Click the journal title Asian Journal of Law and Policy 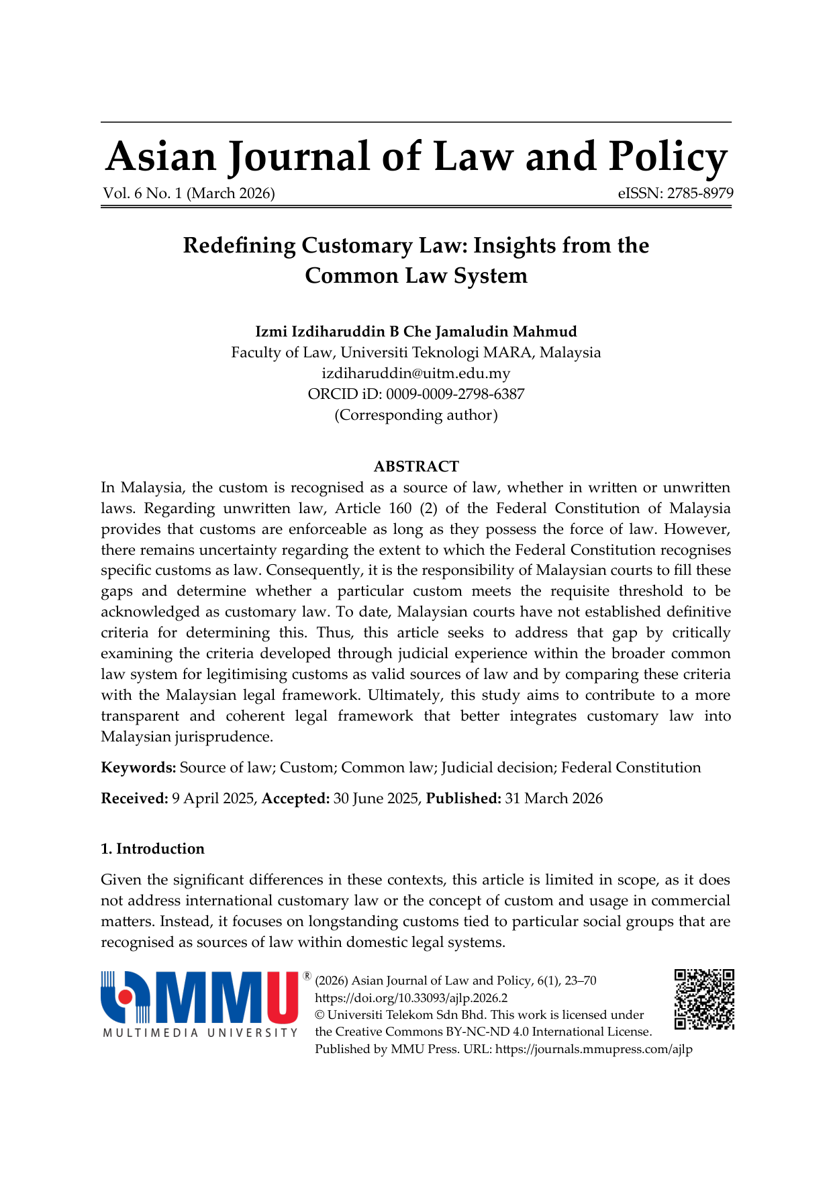pos(416,156)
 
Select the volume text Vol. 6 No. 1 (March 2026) pos(189,193)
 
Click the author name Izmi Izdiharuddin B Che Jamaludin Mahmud pos(416,331)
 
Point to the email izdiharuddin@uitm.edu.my pos(416,373)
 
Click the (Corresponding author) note pos(416,415)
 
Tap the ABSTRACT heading pos(416,466)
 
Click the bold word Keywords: pos(138,768)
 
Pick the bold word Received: pos(134,799)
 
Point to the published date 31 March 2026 pos(554,799)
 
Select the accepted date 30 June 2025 pos(376,799)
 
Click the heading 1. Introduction pos(152,849)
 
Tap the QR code pos(704,999)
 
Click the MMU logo pos(200,997)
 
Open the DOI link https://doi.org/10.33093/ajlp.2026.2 pos(411,998)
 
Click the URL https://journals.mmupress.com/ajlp pos(593,1049)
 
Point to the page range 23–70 pos(581,981)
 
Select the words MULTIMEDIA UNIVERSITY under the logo pos(200,1032)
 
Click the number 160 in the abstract pos(400,508)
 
